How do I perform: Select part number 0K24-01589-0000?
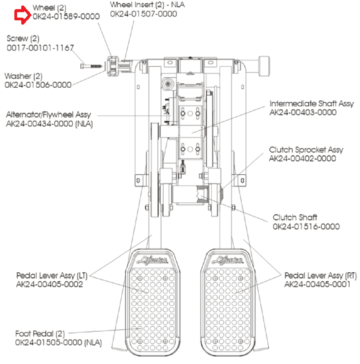pyautogui.click(x=66, y=16)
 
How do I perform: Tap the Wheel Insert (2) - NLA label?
pyautogui.click(x=147, y=5)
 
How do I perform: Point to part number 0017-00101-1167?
pyautogui.click(x=40, y=48)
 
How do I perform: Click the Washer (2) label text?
pyautogui.click(x=24, y=76)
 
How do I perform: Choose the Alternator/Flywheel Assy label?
pyautogui.click(x=48, y=115)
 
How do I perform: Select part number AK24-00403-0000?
pyautogui.click(x=303, y=113)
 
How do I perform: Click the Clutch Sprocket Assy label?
pyautogui.click(x=306, y=150)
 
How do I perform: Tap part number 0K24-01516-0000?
pyautogui.click(x=306, y=226)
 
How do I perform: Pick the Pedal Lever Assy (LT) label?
pyautogui.click(x=52, y=275)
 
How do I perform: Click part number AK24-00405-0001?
pyautogui.click(x=317, y=284)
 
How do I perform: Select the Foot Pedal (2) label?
pyautogui.click(x=40, y=334)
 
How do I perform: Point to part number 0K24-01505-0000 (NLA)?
pyautogui.click(x=58, y=343)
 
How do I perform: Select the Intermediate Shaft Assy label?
pyautogui.click(x=312, y=104)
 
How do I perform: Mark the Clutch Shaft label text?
pyautogui.click(x=295, y=217)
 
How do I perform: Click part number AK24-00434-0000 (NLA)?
pyautogui.click(x=49, y=124)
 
